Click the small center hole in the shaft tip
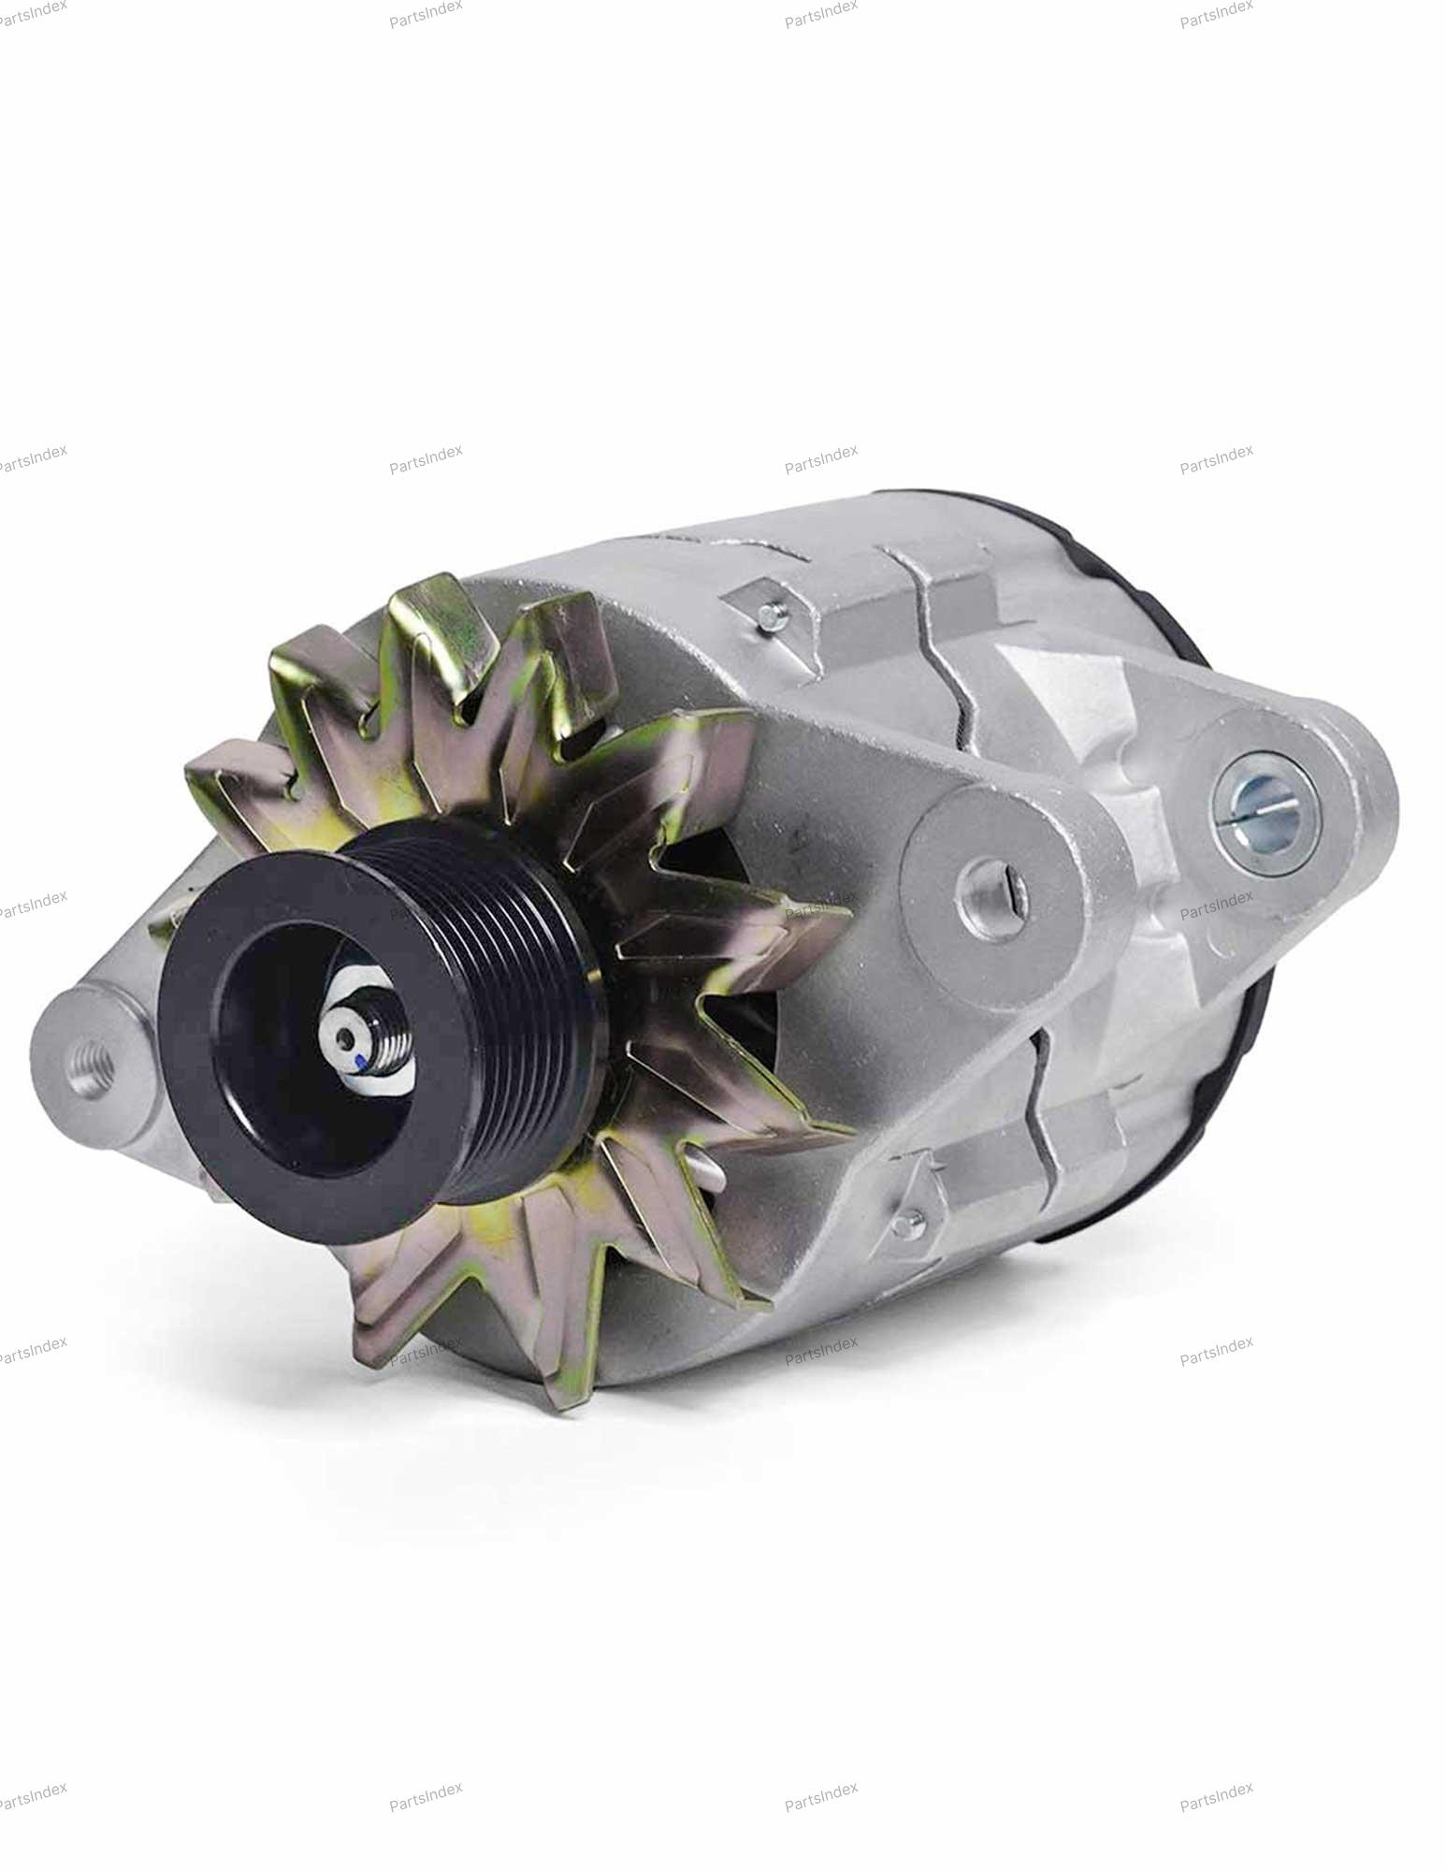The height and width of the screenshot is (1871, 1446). coord(350,1036)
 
